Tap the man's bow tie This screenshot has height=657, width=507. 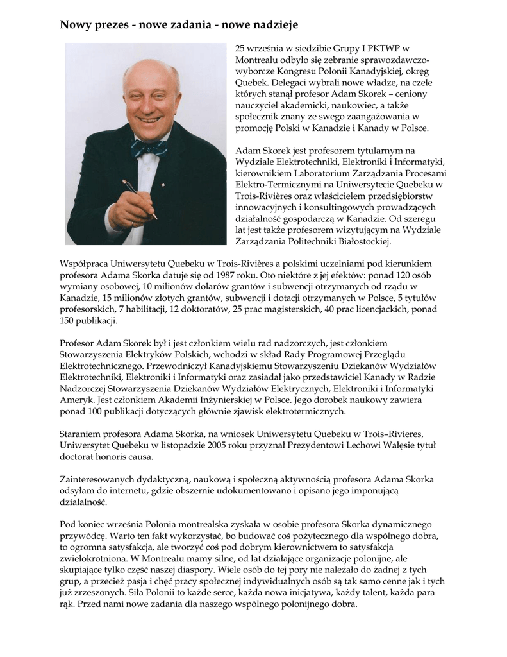click(x=149, y=148)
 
